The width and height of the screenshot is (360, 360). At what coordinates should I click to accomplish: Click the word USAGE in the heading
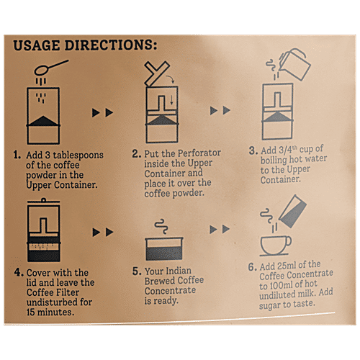pyautogui.click(x=36, y=45)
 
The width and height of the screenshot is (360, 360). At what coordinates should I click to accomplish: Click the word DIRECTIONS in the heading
pyautogui.click(x=109, y=45)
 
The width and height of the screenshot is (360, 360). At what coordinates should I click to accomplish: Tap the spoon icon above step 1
pyautogui.click(x=51, y=68)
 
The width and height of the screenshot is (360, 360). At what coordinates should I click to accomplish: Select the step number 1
pyautogui.click(x=17, y=155)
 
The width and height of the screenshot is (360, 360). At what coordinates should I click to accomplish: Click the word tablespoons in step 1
pyautogui.click(x=78, y=156)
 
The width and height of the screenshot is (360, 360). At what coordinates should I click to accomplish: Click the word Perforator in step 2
pyautogui.click(x=199, y=153)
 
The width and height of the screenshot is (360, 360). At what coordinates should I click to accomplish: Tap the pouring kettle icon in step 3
pyautogui.click(x=295, y=64)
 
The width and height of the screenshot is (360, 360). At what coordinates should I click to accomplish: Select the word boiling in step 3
pyautogui.click(x=274, y=161)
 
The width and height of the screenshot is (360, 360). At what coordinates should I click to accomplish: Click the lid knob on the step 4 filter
pyautogui.click(x=43, y=199)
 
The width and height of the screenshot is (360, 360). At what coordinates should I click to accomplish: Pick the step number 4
pyautogui.click(x=18, y=272)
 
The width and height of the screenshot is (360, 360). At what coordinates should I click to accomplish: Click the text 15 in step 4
pyautogui.click(x=31, y=312)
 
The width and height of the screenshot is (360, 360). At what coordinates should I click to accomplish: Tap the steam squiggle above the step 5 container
pyautogui.click(x=161, y=226)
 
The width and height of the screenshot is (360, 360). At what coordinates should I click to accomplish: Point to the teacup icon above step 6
pyautogui.click(x=276, y=246)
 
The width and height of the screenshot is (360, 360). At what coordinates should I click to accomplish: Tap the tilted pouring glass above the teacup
pyautogui.click(x=293, y=211)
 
